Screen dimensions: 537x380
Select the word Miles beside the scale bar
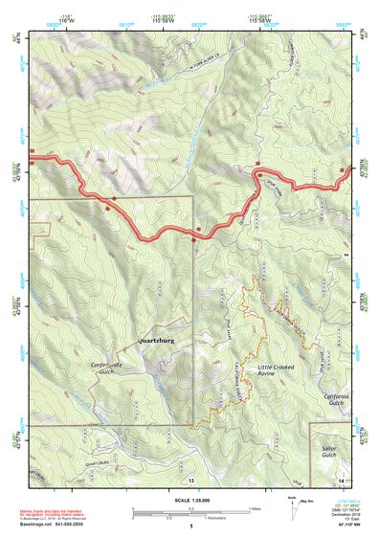coord(257,508)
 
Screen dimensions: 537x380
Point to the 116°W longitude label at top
coord(66,18)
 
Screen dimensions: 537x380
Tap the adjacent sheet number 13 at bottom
coord(191,479)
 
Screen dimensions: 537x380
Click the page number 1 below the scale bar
coord(191,526)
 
